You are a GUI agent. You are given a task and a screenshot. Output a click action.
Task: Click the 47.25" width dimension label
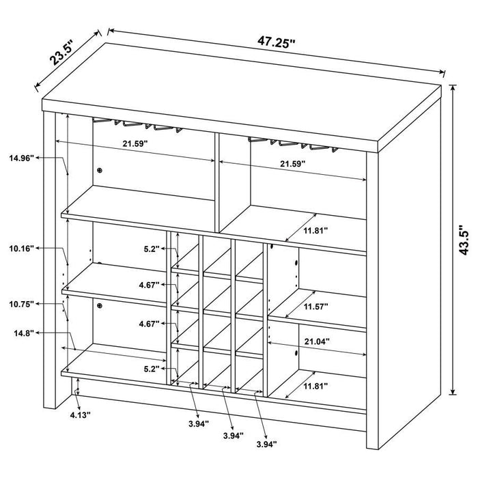pos(277,42)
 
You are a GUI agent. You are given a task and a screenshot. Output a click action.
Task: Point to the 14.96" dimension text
pos(22,158)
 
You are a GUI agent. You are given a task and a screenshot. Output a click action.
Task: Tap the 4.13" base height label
pos(79,414)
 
